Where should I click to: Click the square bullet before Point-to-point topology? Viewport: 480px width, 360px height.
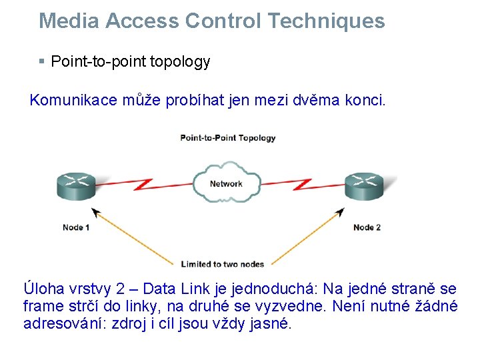coord(42,62)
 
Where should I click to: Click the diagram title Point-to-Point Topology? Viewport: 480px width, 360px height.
coord(227,138)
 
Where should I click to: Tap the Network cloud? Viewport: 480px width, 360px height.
coord(226,183)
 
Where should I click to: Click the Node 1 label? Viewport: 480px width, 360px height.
coord(76,227)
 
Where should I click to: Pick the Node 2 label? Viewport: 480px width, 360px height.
coord(367,227)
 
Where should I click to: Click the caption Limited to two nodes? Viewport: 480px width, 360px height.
coord(223,264)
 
